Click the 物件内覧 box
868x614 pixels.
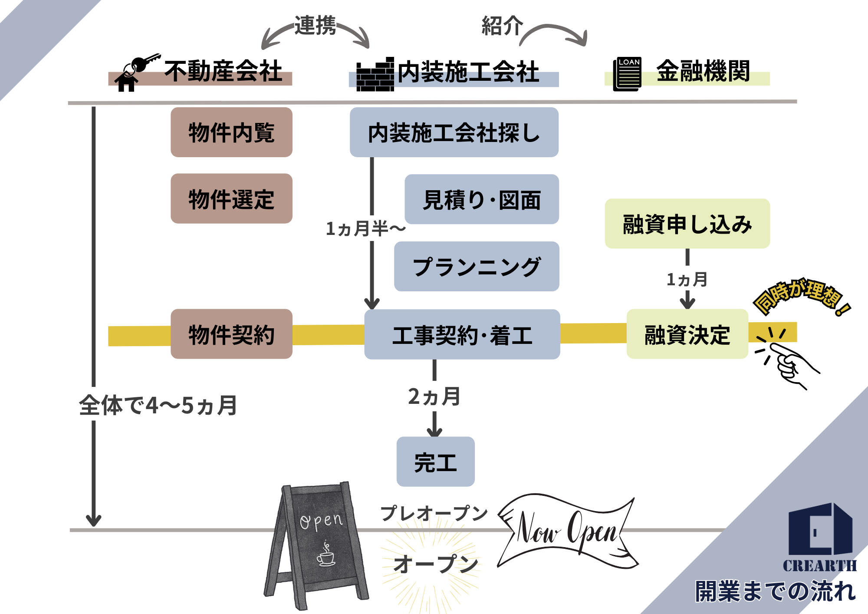click(231, 132)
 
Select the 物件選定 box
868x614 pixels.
click(231, 199)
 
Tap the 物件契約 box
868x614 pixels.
click(231, 334)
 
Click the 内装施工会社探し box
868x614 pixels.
click(454, 132)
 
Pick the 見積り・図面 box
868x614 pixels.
click(482, 200)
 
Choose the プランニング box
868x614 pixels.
click(477, 267)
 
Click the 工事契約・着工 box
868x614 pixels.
click(462, 335)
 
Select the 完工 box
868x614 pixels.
click(435, 462)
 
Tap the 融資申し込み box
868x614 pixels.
click(687, 224)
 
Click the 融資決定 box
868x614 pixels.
click(687, 334)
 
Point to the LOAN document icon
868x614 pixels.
click(627, 74)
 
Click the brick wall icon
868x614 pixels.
click(375, 75)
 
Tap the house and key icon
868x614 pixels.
click(135, 73)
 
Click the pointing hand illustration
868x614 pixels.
click(788, 363)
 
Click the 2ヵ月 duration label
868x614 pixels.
click(434, 396)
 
